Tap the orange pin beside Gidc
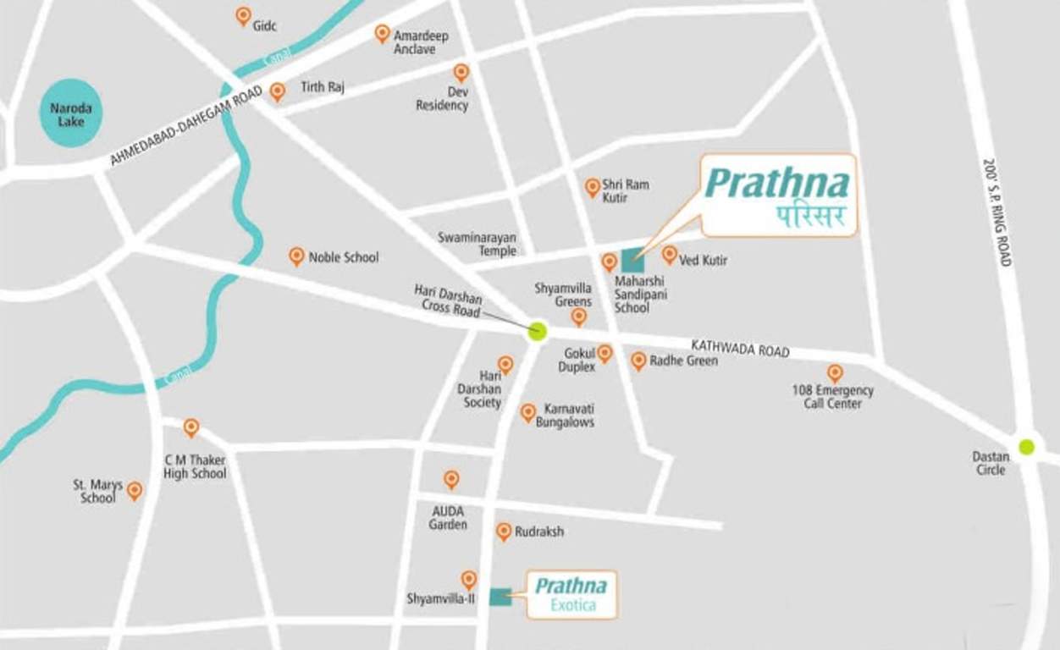(243, 16)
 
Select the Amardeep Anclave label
(420, 42)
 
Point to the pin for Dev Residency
(461, 73)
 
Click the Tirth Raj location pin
(278, 91)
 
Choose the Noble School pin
(296, 256)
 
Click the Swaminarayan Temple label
(477, 245)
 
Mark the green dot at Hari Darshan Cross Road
(537, 331)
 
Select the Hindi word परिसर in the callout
(811, 217)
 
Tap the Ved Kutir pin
(670, 254)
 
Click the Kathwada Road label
(740, 348)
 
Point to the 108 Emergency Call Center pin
(835, 372)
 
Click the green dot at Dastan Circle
(1026, 446)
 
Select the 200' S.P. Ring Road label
(997, 212)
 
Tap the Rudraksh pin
(504, 531)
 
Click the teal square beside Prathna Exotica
(500, 597)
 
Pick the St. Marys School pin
(135, 490)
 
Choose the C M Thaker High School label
(195, 466)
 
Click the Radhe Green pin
(638, 361)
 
